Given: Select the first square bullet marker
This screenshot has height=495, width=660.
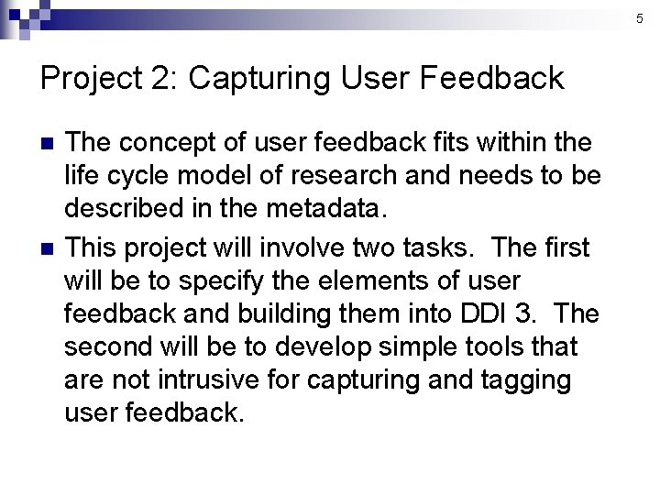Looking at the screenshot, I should click(x=49, y=143).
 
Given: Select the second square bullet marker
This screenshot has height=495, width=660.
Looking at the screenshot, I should click(x=49, y=247).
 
